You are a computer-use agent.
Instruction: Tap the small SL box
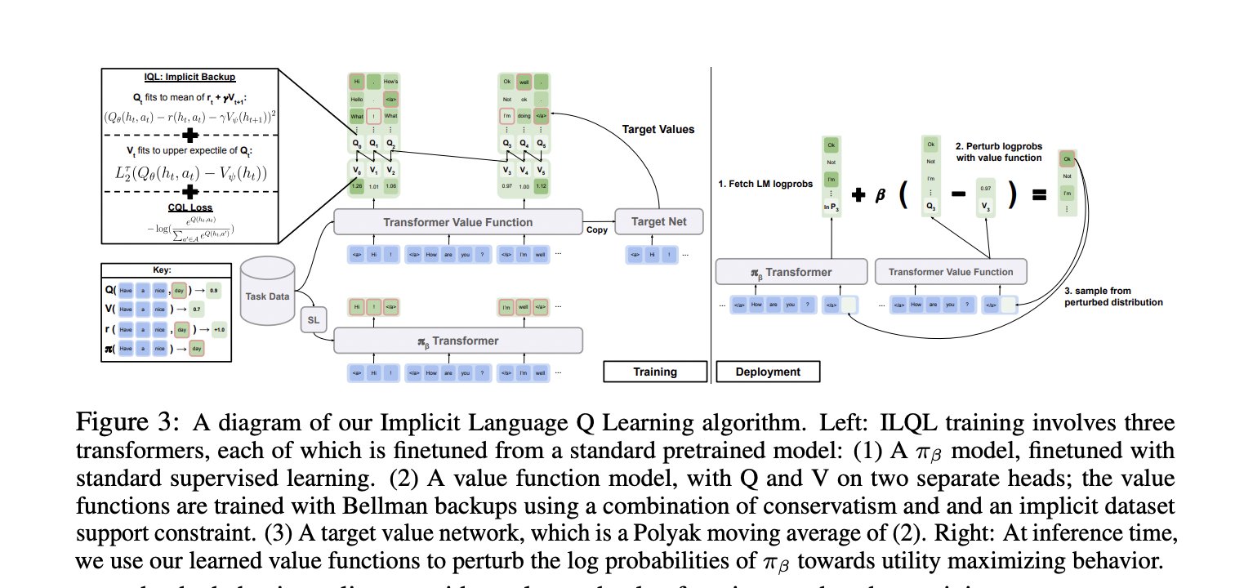pyautogui.click(x=312, y=319)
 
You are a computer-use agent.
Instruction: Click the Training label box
pyautogui.click(x=655, y=372)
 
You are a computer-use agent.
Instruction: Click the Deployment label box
pyautogui.click(x=768, y=372)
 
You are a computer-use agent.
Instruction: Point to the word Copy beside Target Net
pyautogui.click(x=597, y=231)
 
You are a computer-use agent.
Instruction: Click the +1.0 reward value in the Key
pyautogui.click(x=221, y=330)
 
